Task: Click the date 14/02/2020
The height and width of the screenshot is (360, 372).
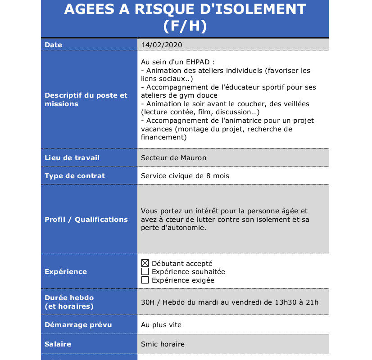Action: point(161,45)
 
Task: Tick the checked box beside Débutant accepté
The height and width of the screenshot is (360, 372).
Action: point(145,263)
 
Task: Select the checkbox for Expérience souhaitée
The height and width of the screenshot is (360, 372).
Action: point(145,272)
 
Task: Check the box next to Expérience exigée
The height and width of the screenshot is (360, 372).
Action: point(145,280)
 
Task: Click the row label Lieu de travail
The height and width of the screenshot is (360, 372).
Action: point(72,158)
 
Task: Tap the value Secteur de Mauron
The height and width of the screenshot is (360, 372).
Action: point(173,158)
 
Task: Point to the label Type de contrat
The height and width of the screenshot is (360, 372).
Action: point(75,176)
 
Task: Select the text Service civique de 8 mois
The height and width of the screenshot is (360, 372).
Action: point(185,176)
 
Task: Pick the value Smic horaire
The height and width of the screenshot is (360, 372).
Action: point(163,344)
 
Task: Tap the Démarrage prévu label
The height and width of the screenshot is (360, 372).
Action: point(78,325)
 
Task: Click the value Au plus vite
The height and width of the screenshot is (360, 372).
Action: point(161,325)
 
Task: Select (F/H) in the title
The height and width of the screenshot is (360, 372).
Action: point(185,26)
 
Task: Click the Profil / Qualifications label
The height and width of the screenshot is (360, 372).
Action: point(86,220)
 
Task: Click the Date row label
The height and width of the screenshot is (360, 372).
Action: point(53,45)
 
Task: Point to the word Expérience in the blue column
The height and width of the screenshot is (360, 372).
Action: point(66,272)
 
